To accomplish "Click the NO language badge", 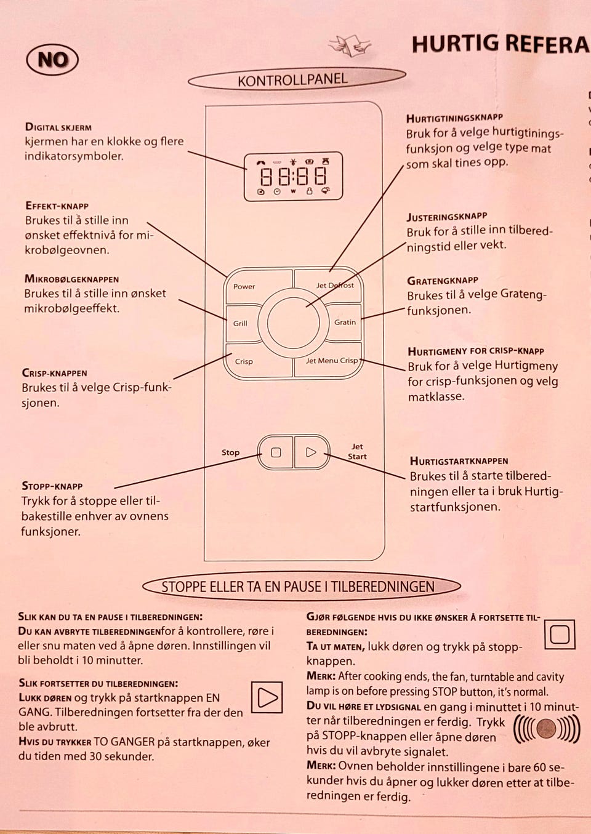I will pyautogui.click(x=52, y=60).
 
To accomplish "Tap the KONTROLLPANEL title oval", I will pyautogui.click(x=296, y=79).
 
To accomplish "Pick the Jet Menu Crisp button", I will pyautogui.click(x=329, y=363).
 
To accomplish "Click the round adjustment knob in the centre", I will pyautogui.click(x=289, y=323).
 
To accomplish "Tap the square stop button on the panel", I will pyautogui.click(x=276, y=452).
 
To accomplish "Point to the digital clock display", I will pyautogui.click(x=294, y=177).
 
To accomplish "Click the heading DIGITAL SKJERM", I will pyautogui.click(x=58, y=127).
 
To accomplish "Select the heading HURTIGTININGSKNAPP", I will pyautogui.click(x=454, y=117).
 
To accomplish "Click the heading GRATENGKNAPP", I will pyautogui.click(x=443, y=281).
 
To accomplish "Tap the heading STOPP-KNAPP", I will pyautogui.click(x=52, y=486).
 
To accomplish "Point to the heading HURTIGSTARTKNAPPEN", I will pyautogui.click(x=459, y=460).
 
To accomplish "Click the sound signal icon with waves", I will pyautogui.click(x=546, y=730).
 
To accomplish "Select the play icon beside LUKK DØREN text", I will pyautogui.click(x=267, y=697).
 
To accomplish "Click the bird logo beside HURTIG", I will pyautogui.click(x=349, y=45).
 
